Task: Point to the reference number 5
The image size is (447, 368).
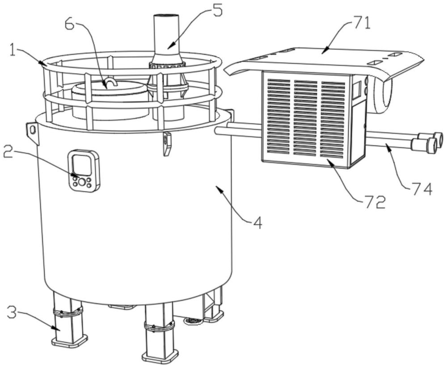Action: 216,10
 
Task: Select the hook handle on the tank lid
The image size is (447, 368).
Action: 110,82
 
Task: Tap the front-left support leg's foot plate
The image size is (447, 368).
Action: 70,342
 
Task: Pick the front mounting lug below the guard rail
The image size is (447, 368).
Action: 167,142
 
